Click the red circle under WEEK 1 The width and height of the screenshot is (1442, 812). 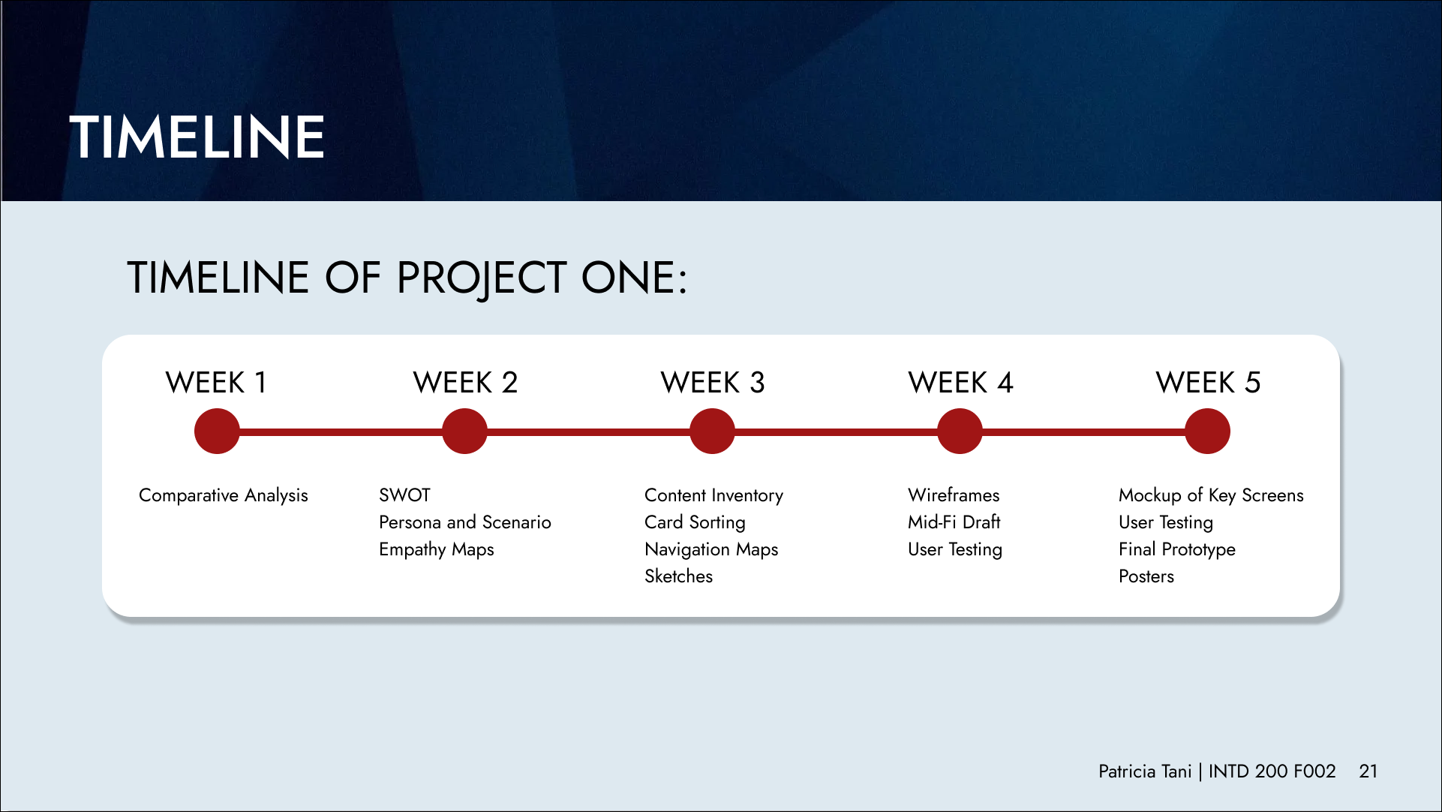217,431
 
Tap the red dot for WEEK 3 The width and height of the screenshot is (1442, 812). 712,431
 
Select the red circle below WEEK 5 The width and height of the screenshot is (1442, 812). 1207,431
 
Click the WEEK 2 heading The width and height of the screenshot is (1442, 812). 465,383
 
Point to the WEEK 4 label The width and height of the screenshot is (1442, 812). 960,383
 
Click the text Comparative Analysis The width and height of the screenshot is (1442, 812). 224,496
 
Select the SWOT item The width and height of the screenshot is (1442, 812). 404,495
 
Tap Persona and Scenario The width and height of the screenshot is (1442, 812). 465,522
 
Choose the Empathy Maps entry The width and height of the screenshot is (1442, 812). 437,550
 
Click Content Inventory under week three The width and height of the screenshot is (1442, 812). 713,496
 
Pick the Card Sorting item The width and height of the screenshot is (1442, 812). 695,523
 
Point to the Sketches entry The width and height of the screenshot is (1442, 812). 678,576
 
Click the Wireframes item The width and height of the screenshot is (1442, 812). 954,495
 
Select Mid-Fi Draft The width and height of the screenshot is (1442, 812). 954,522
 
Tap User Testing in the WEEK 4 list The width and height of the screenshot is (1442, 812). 955,550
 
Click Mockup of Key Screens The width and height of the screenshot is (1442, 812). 1211,496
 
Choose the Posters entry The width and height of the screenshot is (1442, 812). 1146,576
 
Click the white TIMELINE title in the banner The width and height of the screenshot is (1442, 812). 197,137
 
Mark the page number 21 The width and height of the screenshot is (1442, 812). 1368,771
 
